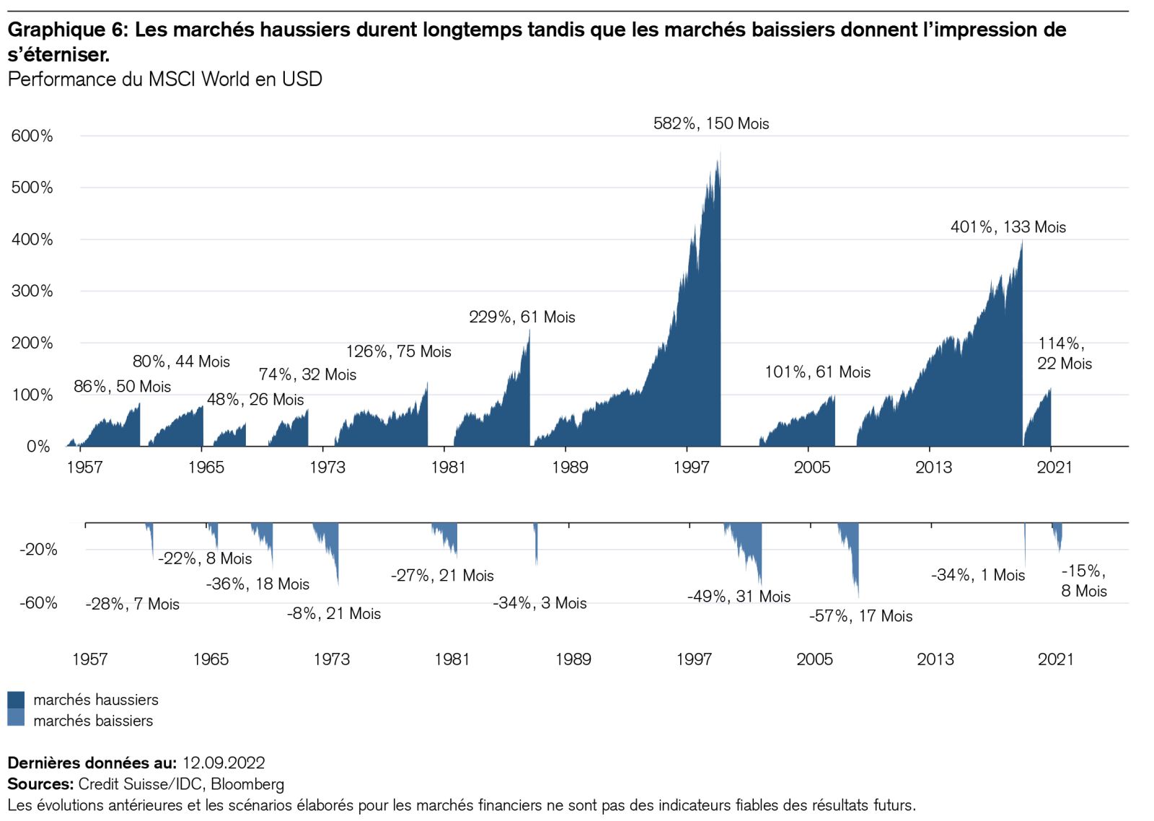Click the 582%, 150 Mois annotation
[711, 123]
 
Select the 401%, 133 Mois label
[1008, 227]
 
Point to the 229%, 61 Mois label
[521, 317]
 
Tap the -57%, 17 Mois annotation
[860, 616]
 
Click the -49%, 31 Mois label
[739, 597]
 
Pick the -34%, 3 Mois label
[539, 603]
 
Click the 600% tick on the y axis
[32, 136]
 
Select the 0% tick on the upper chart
[38, 447]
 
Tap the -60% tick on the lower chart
[38, 603]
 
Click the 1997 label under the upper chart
[691, 467]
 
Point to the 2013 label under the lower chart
[935, 659]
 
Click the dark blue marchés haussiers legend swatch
[16, 699]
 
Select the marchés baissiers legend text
[93, 721]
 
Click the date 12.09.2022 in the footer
[224, 763]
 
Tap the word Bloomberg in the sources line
[247, 784]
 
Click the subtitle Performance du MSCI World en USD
[164, 79]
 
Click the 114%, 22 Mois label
[1065, 354]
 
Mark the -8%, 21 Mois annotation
[334, 614]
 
